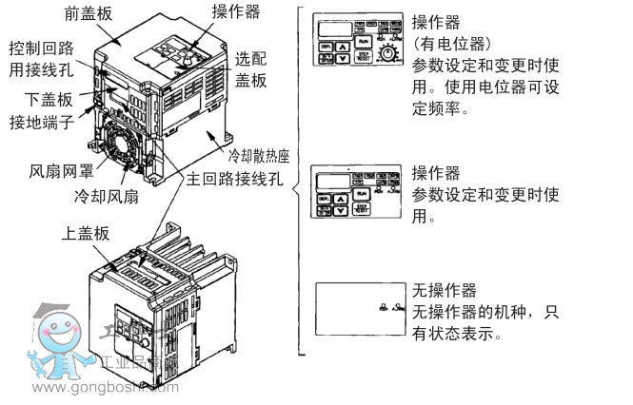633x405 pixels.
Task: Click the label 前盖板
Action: click(x=91, y=14)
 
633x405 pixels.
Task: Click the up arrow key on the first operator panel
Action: click(x=343, y=44)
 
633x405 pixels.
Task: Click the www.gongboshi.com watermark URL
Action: click(x=111, y=387)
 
